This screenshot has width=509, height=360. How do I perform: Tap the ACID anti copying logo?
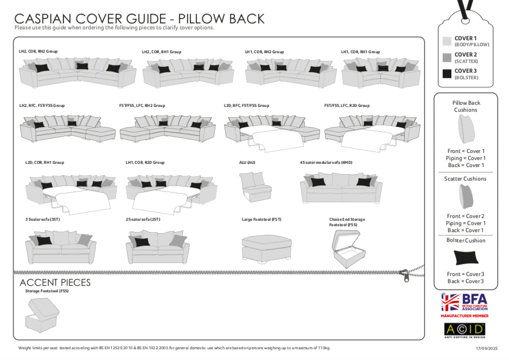tap(465, 330)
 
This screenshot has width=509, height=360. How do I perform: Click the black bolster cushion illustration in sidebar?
tap(466, 257)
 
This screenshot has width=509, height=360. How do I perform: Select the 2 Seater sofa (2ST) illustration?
tap(157, 247)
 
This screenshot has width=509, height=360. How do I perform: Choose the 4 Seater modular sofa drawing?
tap(341, 188)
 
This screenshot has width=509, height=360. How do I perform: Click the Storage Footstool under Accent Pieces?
tap(42, 315)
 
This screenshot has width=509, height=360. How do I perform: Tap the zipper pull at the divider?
tap(404, 276)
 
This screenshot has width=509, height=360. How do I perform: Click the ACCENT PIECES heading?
tap(55, 282)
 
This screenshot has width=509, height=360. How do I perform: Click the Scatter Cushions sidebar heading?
tap(465, 178)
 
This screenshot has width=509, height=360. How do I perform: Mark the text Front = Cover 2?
tap(466, 216)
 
